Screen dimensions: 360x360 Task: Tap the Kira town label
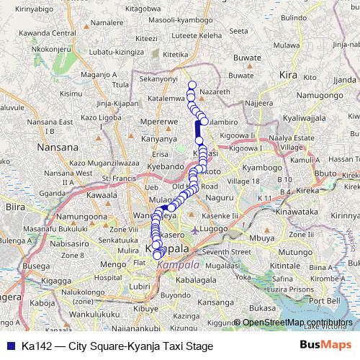click(x=287, y=74)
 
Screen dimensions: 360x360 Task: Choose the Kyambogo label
click(x=261, y=167)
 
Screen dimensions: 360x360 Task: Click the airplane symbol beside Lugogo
click(x=198, y=230)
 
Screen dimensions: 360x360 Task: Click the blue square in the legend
click(x=8, y=346)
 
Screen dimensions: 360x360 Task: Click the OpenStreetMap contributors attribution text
click(x=297, y=322)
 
